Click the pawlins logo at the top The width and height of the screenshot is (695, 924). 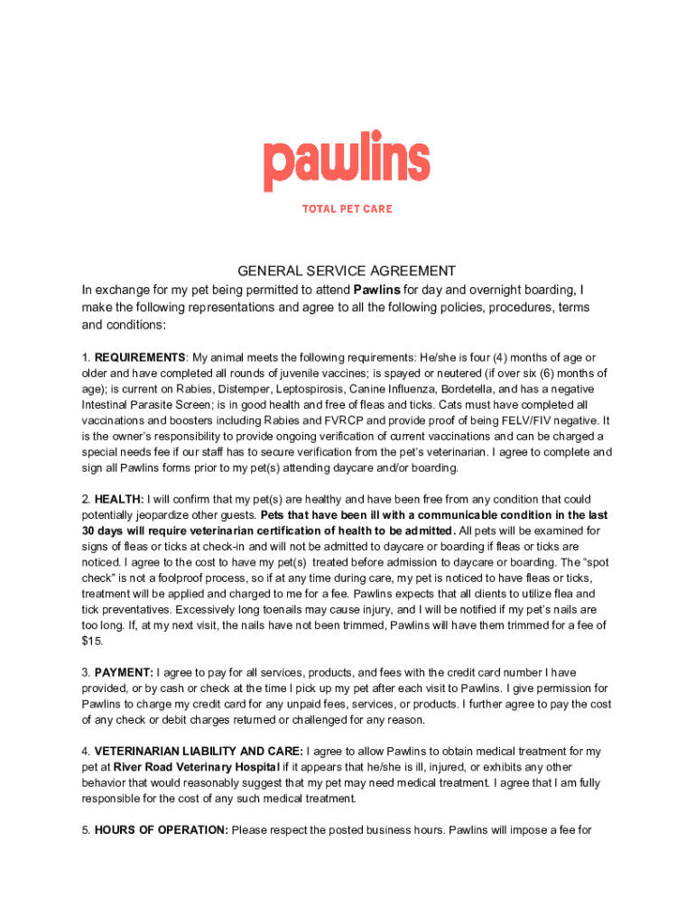347,165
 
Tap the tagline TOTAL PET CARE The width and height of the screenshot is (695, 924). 347,208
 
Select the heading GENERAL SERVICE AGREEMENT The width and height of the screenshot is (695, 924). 347,271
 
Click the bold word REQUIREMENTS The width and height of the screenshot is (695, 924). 140,357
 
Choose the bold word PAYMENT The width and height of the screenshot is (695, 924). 124,672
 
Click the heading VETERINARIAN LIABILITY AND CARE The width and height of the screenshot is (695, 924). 198,751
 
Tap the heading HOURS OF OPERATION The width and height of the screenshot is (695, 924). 161,829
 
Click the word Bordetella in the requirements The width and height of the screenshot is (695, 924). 461,389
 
